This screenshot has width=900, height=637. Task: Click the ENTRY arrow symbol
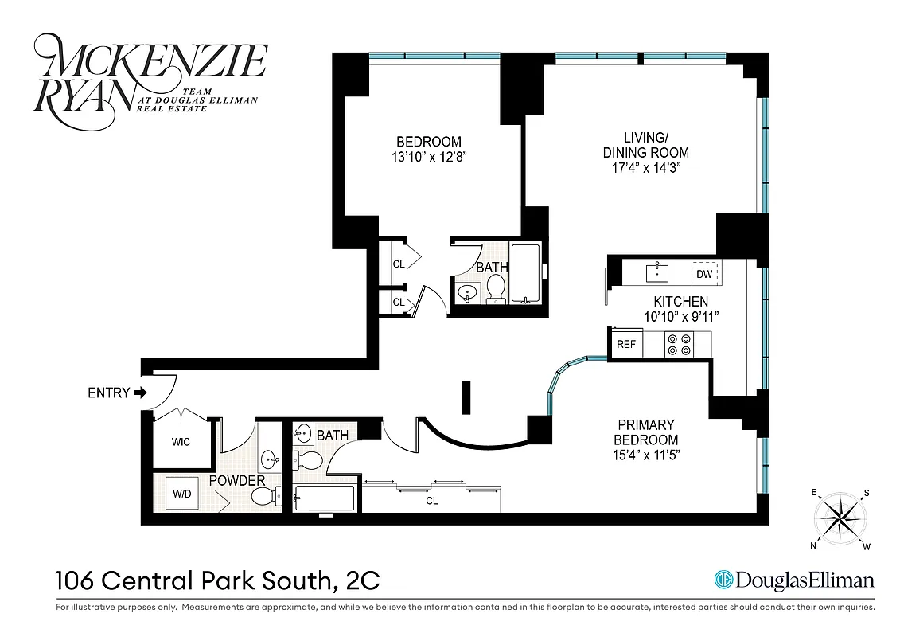pos(141,393)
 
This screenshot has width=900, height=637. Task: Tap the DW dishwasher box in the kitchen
pos(703,274)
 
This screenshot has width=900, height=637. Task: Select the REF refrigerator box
pos(626,344)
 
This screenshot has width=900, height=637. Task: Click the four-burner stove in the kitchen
pos(678,344)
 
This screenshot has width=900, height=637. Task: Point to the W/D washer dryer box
pos(181,494)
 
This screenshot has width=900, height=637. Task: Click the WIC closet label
pos(181,442)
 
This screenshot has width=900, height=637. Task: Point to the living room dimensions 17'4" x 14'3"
pos(645,168)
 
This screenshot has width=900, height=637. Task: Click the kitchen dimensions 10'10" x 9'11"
pos(680,316)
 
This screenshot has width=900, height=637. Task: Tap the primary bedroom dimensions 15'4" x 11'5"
pos(645,455)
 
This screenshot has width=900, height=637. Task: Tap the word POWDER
pos(237,481)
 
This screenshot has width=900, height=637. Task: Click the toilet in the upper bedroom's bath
pos(496,288)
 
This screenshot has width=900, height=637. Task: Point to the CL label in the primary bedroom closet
pos(432,502)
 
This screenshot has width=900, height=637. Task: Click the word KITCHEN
pos(680,302)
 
